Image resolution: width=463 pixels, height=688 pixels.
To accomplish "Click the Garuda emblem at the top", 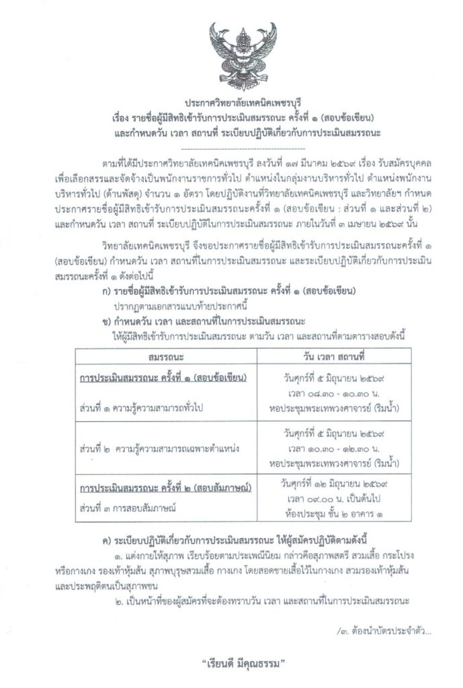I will (x=232, y=48).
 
